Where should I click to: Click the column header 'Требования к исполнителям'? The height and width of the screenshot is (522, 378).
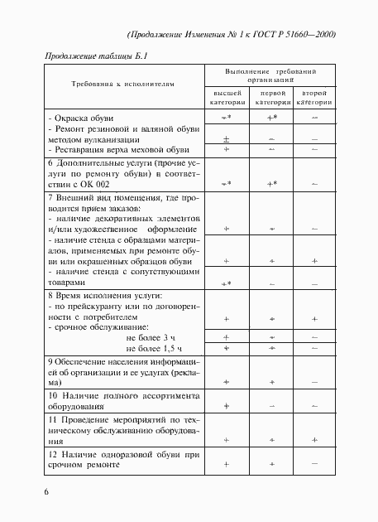(122, 85)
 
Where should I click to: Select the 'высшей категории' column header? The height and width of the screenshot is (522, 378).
(226, 98)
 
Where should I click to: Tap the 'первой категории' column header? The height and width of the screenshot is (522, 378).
(271, 98)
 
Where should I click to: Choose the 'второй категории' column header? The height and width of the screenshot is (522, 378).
(316, 98)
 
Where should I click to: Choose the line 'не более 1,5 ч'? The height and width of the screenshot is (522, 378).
(151, 350)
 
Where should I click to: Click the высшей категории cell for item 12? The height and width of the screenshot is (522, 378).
(226, 465)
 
